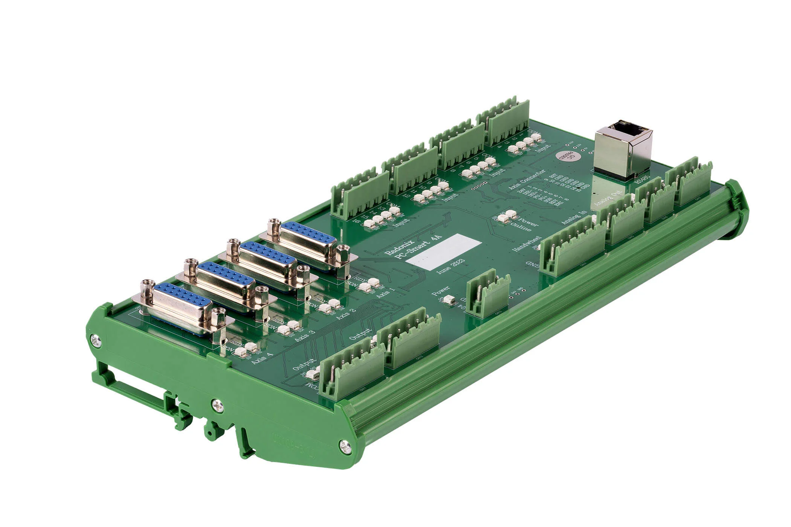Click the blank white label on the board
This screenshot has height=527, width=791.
[x=446, y=251]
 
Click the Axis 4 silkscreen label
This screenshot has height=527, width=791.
[x=263, y=356]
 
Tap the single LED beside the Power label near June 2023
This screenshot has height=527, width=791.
[x=449, y=300]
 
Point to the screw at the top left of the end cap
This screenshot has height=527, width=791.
[x=96, y=341]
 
